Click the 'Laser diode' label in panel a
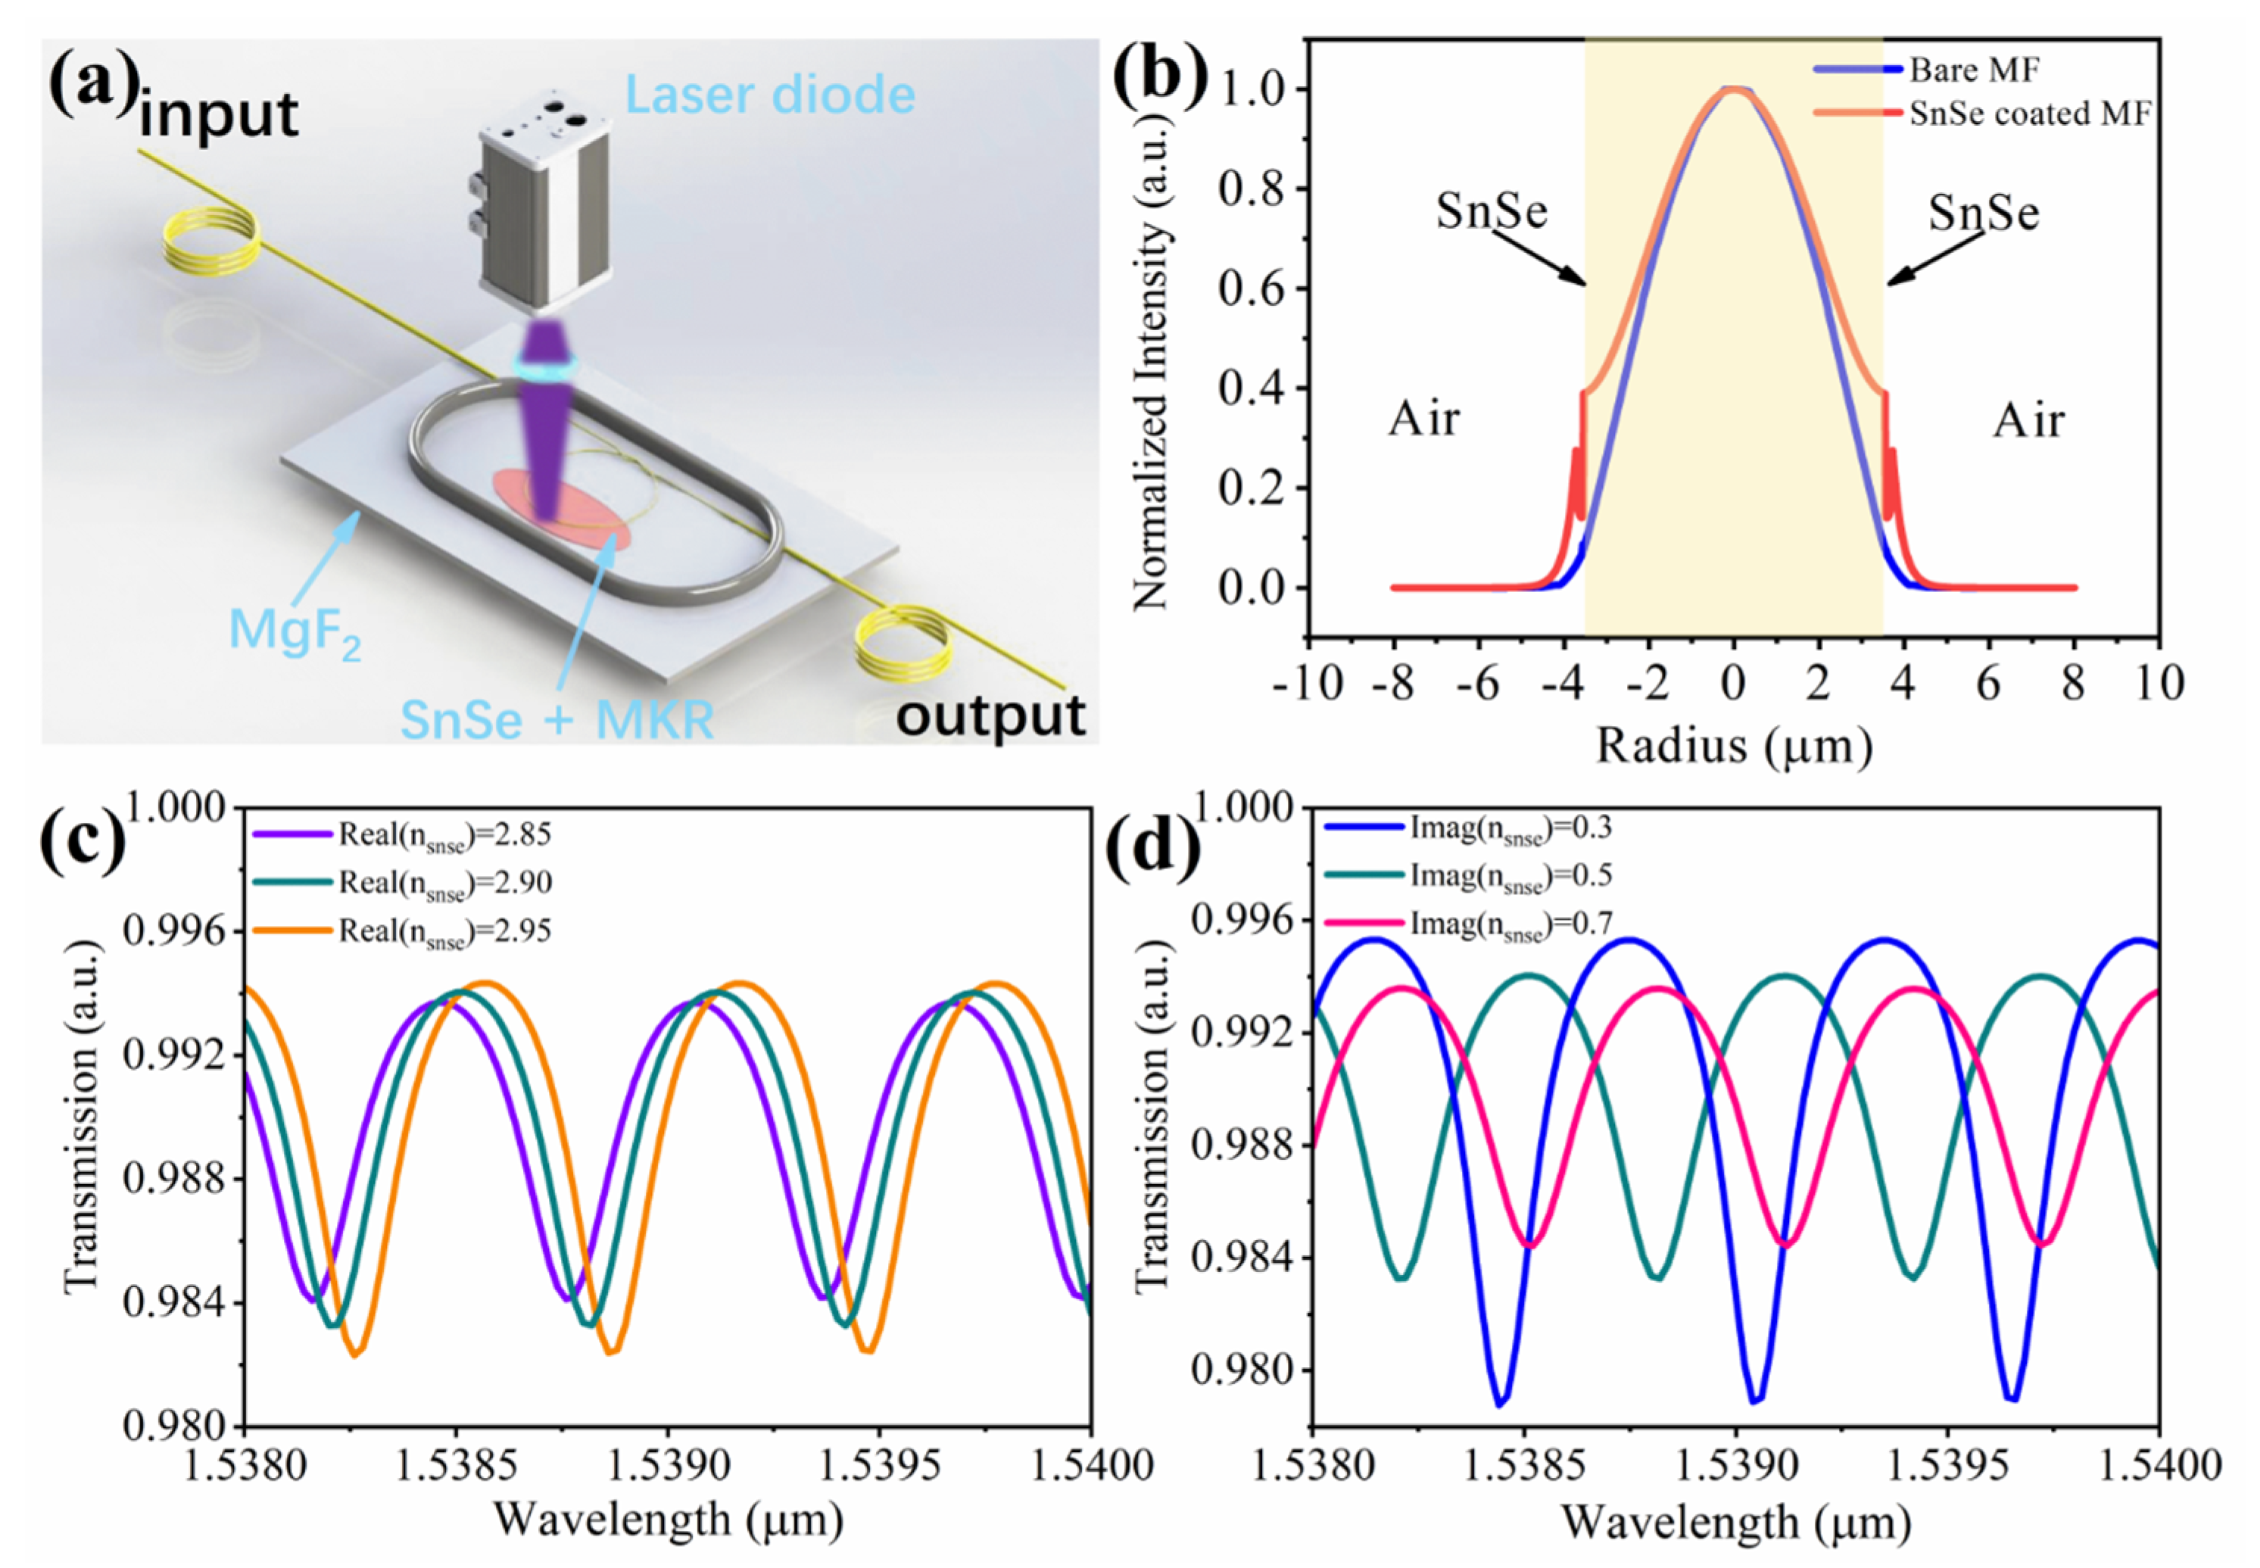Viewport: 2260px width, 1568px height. (769, 95)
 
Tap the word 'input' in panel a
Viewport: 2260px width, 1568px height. (218, 115)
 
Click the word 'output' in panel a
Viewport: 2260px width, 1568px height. (990, 716)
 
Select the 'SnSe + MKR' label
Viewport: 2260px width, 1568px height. (557, 719)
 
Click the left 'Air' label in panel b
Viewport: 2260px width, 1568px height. (1423, 419)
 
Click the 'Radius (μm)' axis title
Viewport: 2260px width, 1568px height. (1734, 746)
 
